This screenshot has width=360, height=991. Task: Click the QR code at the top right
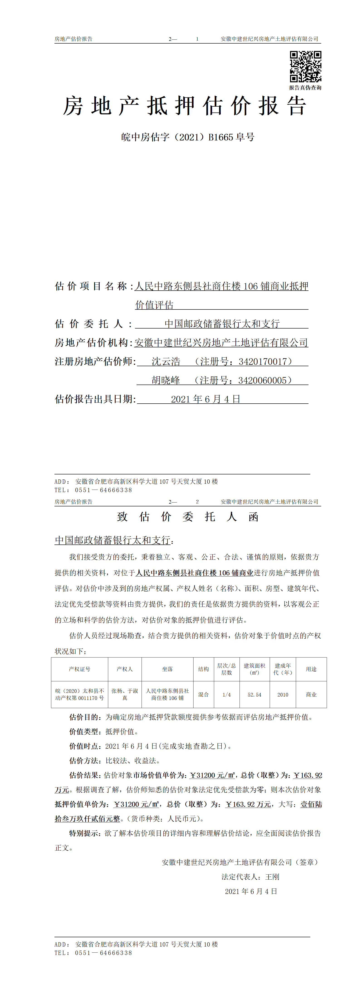(305, 66)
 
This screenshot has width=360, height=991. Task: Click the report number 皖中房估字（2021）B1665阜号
(188, 137)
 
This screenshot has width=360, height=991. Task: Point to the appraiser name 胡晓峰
(166, 380)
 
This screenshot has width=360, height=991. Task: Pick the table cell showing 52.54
(254, 695)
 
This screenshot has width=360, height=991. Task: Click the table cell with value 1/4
(227, 695)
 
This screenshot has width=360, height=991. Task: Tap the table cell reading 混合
(203, 695)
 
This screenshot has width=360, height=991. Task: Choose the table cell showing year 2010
(283, 695)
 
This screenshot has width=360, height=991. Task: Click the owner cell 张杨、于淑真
(125, 694)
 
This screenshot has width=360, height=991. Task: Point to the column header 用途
(311, 669)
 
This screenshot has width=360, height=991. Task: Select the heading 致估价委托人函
(188, 517)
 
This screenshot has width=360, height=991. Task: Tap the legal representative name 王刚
(272, 877)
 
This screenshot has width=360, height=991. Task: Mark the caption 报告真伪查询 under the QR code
(305, 88)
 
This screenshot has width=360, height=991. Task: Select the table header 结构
(203, 669)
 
